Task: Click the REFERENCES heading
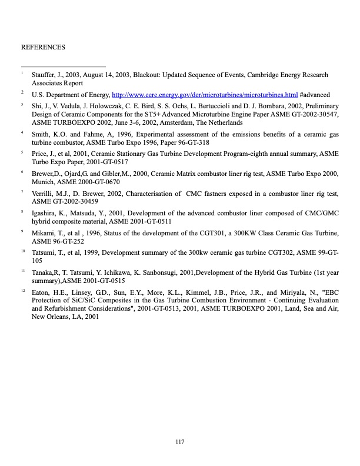click(43, 46)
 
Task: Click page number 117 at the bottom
click(180, 442)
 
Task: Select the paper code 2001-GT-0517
click(98, 161)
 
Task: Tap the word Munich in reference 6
click(42, 182)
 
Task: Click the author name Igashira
click(45, 212)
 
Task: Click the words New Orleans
click(52, 317)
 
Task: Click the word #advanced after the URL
click(315, 94)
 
